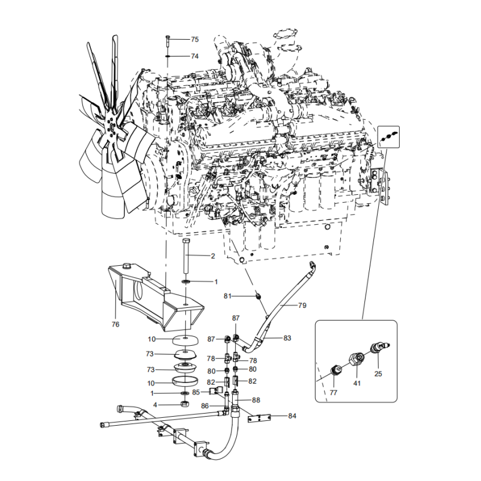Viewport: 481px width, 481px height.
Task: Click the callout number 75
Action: coord(195,40)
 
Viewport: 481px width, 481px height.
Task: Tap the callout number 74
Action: coord(195,57)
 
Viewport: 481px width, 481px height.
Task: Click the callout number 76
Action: coord(115,324)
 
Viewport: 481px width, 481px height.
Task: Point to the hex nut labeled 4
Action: coord(185,404)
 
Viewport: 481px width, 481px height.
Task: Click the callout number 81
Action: coord(227,296)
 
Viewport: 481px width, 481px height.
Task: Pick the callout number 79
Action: coord(302,305)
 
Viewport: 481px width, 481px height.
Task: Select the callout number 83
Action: coord(287,339)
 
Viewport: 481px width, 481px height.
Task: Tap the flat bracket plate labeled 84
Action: coord(259,418)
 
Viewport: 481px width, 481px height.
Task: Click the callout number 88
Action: coord(256,400)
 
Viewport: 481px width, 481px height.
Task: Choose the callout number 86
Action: coord(204,406)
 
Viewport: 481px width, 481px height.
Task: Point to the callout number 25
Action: coord(378,374)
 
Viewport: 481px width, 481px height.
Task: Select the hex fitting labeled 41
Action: coord(357,360)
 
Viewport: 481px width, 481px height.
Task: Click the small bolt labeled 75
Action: coord(167,40)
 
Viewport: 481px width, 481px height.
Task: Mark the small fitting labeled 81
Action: coord(259,296)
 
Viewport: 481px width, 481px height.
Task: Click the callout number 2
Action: coord(213,256)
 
